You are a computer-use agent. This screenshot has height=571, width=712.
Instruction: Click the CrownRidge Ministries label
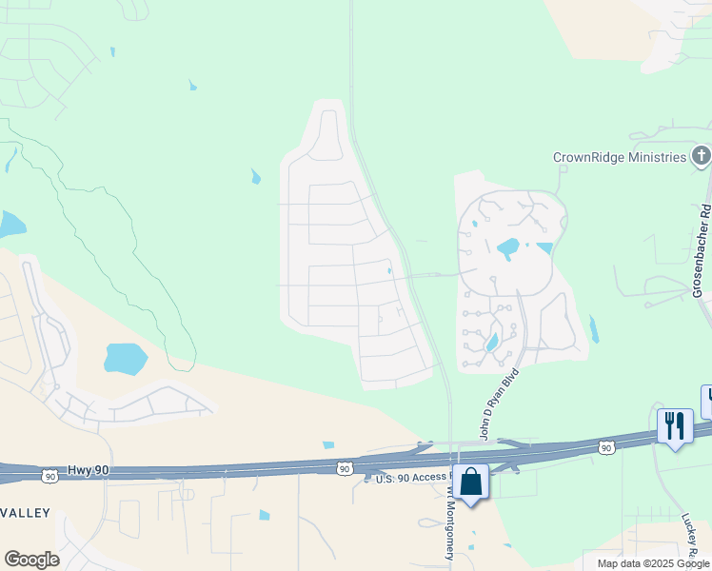pos(620,157)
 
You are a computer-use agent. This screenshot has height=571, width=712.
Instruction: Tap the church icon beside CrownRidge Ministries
pos(701,156)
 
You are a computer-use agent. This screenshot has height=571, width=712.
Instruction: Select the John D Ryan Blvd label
pos(499,404)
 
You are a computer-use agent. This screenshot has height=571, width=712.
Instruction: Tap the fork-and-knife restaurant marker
pos(675,425)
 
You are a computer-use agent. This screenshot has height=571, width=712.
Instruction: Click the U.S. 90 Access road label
pos(410,479)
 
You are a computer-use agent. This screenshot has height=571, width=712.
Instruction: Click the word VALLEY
pos(26,513)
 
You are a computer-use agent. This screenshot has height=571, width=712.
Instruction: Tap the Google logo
pos(31,560)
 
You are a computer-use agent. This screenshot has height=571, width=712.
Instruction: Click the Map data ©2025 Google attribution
pos(653,563)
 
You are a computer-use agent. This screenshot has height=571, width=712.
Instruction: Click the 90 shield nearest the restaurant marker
pos(606,446)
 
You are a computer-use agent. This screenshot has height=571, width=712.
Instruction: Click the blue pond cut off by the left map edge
pos(10,224)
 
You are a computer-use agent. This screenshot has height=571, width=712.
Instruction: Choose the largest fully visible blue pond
pos(126,359)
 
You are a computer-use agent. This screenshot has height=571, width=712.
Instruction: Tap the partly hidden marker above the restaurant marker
pos(706,401)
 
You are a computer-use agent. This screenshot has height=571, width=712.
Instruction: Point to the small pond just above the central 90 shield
pos(328,444)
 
